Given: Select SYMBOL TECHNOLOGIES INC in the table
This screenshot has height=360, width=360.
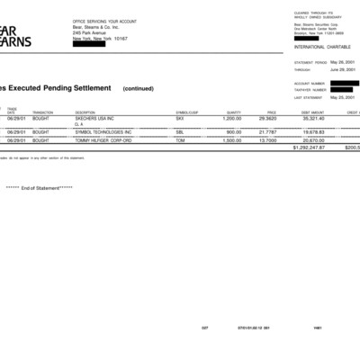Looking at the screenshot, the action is [103, 131].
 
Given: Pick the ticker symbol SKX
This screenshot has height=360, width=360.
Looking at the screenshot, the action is [180, 118].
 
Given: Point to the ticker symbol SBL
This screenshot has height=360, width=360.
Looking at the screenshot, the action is [180, 131].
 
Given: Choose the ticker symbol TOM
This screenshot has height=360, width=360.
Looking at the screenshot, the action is [180, 140].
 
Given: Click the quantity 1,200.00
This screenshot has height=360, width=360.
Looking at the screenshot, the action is [232, 118].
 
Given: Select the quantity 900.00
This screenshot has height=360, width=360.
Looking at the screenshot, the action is [234, 131].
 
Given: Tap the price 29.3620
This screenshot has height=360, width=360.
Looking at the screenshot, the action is [266, 118].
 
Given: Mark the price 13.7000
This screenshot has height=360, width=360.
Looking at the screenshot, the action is [266, 140].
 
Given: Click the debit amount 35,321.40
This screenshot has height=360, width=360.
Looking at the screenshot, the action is [312, 118].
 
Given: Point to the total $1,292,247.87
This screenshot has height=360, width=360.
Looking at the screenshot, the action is [309, 147].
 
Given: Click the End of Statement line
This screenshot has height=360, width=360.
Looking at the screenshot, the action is [39, 188].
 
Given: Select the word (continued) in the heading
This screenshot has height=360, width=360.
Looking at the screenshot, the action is [139, 89].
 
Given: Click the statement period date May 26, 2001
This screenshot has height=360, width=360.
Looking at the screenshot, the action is [343, 62].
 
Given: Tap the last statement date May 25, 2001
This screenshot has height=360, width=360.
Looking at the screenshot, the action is [343, 97].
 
